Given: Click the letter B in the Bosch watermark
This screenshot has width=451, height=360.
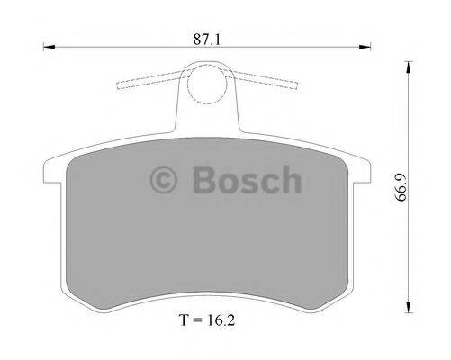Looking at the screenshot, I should click(x=203, y=179).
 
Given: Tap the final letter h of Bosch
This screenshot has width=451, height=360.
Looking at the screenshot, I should click(x=290, y=179).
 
